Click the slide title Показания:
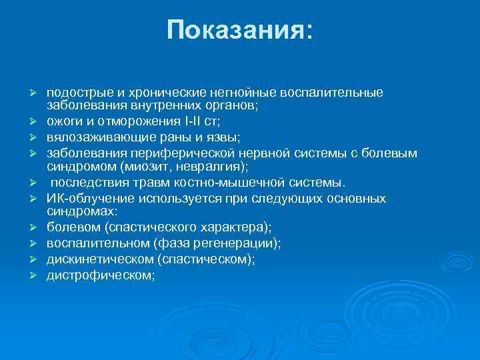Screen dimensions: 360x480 pos(239,30)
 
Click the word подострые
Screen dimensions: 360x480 pos(73,93)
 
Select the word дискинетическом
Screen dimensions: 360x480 pos(99,259)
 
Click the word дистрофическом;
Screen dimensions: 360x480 pos(100,275)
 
